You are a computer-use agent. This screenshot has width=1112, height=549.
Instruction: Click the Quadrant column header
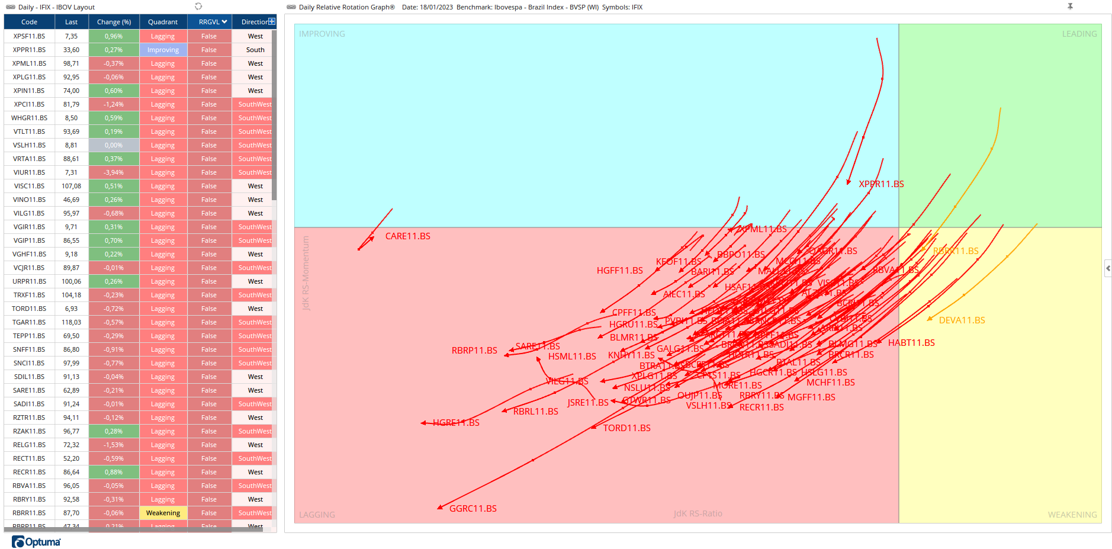click(163, 22)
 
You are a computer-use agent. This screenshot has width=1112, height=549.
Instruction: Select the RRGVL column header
click(210, 22)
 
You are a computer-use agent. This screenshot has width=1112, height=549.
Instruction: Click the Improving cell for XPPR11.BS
click(163, 50)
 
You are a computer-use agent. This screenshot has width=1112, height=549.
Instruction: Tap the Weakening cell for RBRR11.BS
click(163, 513)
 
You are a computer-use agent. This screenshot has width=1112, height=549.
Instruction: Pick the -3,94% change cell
click(114, 172)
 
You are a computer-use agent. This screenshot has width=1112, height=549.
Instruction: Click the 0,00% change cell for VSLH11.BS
click(114, 145)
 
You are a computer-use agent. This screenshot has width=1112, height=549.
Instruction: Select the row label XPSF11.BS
click(29, 36)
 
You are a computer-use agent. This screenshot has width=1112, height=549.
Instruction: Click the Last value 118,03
click(71, 322)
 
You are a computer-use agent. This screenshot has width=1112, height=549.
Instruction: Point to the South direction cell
click(255, 50)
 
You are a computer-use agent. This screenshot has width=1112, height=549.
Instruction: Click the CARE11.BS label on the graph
click(407, 236)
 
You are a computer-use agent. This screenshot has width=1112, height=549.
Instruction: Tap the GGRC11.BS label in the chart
click(473, 509)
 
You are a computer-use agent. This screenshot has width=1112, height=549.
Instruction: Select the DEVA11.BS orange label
click(962, 320)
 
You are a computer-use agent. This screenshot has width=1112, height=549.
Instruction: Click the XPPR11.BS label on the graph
click(881, 184)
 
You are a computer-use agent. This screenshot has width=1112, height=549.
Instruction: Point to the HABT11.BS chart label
click(911, 343)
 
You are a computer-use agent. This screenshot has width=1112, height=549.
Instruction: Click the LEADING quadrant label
click(1079, 34)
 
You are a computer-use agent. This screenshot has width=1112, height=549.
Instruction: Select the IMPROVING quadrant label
click(322, 34)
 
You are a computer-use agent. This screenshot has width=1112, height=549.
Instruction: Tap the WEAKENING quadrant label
click(1072, 515)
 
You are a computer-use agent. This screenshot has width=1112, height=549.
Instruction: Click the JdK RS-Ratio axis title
click(698, 513)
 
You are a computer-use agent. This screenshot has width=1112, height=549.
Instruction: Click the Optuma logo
click(36, 542)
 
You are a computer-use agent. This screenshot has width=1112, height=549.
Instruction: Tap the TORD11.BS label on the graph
click(626, 428)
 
